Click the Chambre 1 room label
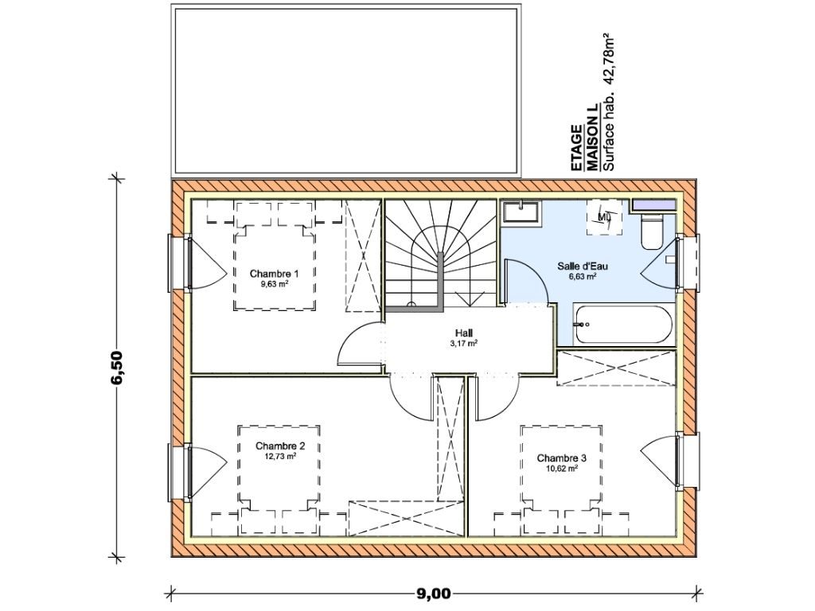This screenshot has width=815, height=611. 274,274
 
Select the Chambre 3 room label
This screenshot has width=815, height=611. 561,458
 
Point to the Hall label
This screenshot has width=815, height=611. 464,333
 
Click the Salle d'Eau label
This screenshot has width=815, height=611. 582,266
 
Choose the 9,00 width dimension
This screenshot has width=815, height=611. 432,593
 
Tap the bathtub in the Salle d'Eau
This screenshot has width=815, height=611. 622,325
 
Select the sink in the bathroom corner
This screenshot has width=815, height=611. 521,212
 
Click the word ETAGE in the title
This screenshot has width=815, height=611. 576,147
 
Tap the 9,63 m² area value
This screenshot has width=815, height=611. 275,284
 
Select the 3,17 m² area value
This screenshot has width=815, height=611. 464,344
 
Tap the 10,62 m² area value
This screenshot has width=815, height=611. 562,469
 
